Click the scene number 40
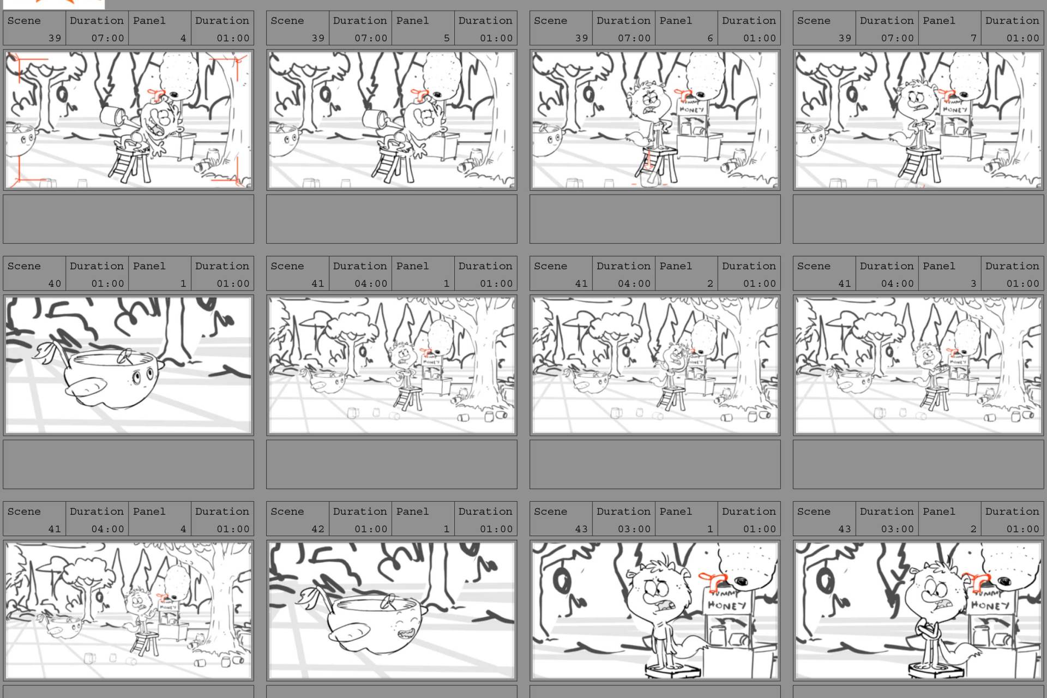click(x=55, y=284)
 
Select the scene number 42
click(x=318, y=529)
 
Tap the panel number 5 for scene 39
click(x=447, y=38)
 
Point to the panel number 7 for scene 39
click(x=973, y=38)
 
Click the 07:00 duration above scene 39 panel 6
click(x=634, y=38)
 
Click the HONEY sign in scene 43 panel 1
click(x=727, y=605)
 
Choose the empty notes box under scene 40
click(x=129, y=464)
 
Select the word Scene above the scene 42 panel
click(x=287, y=512)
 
